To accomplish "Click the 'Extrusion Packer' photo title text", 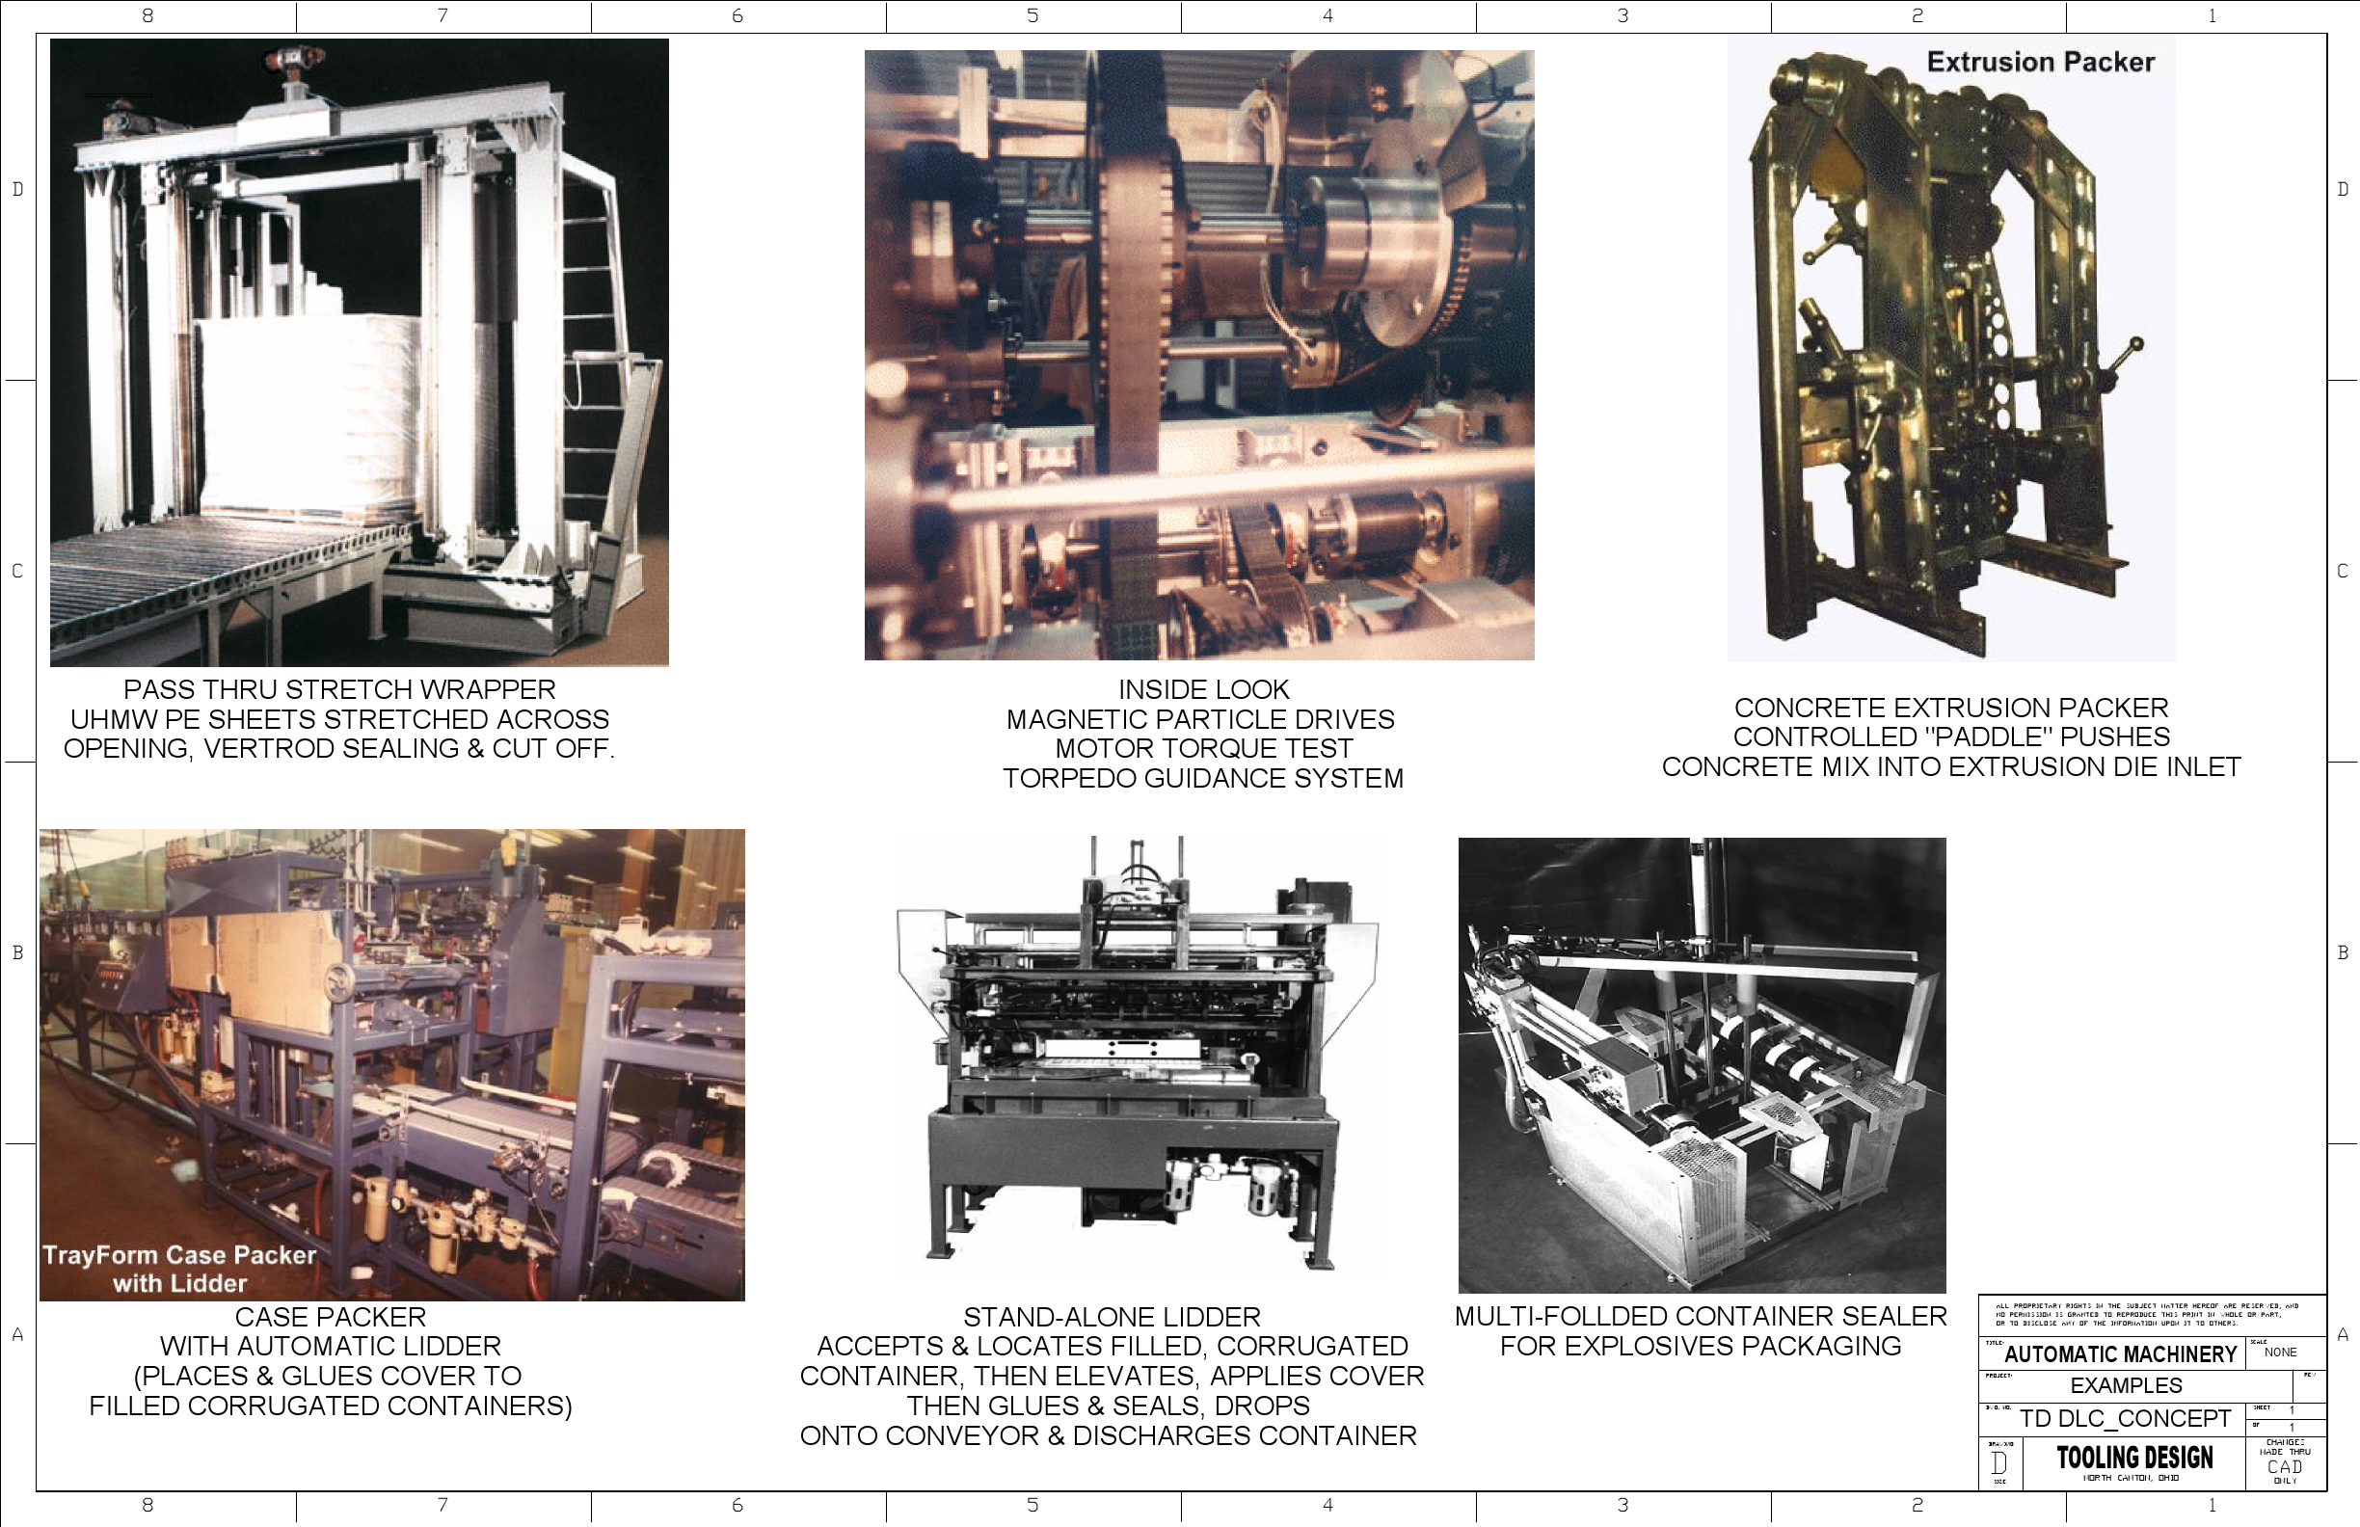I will tap(2040, 63).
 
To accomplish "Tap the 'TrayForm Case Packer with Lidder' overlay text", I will tap(179, 1270).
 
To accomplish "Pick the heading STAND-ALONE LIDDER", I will tap(1112, 1317).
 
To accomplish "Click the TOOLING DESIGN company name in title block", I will tap(2133, 1458).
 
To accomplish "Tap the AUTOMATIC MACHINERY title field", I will tap(2120, 1354).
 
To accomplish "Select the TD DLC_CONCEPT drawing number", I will tap(2125, 1419).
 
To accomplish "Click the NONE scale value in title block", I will tap(2280, 1353).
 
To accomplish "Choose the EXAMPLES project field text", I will tap(2126, 1385).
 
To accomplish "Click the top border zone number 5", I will tap(1032, 15).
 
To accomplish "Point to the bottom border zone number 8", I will tap(147, 1505).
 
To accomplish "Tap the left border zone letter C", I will tap(16, 571).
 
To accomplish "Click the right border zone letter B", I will tap(2342, 952).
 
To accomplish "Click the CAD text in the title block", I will tap(2285, 1466).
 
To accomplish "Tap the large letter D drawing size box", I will tap(1999, 1463).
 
